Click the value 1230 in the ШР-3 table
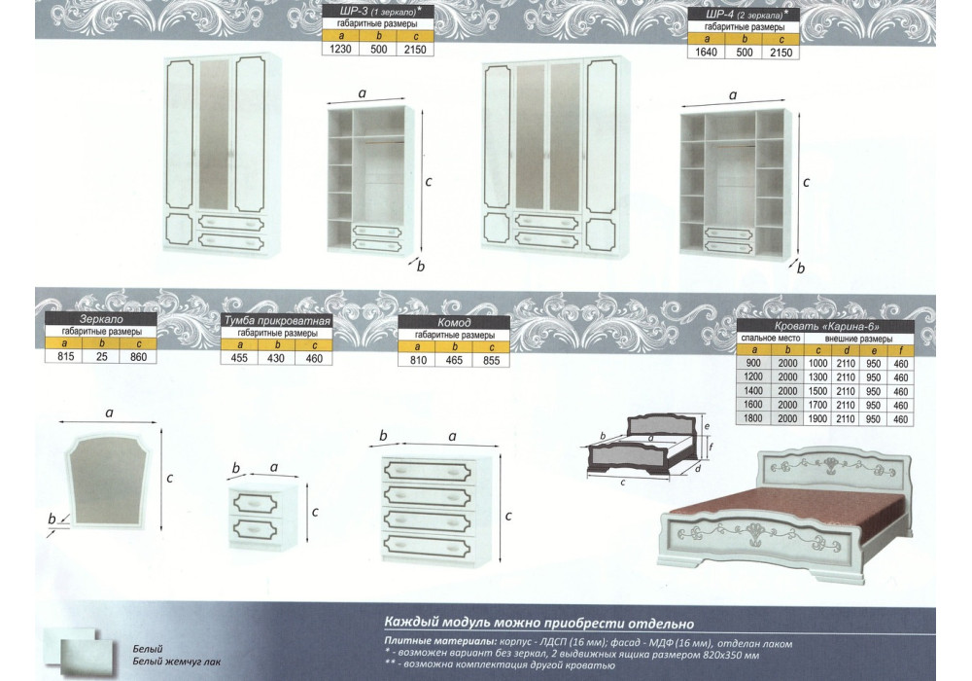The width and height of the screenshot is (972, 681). click(x=341, y=49)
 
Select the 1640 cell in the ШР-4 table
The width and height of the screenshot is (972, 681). click(x=706, y=53)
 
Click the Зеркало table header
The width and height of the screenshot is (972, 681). click(x=101, y=319)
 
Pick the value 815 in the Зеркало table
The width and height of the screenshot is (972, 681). click(x=65, y=356)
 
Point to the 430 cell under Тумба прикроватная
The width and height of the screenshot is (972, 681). click(x=276, y=358)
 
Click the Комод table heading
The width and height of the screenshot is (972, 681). click(x=454, y=323)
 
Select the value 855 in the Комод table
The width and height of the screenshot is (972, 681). click(x=491, y=360)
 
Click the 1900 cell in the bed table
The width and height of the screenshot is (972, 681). click(x=817, y=418)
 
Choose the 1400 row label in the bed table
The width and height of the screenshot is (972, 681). click(x=753, y=391)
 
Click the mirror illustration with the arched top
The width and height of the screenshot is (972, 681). click(x=110, y=480)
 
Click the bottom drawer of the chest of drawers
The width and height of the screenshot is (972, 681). click(x=429, y=546)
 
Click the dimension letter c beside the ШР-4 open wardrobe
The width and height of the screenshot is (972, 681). click(x=807, y=182)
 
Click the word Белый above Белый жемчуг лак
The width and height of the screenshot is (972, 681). click(x=148, y=649)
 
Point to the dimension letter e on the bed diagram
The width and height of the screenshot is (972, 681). click(x=707, y=426)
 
